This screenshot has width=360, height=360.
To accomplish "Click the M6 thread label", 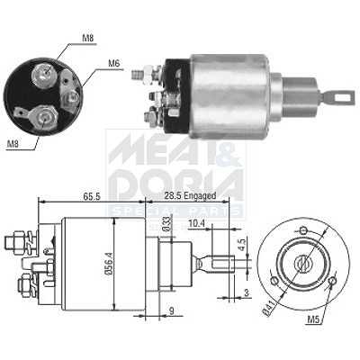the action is coord(113,63).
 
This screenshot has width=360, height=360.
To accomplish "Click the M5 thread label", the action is coord(312,320).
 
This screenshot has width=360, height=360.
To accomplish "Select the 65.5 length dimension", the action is coord(91,196).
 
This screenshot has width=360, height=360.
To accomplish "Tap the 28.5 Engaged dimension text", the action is coord(190,196).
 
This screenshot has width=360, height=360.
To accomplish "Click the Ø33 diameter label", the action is coord(167,223).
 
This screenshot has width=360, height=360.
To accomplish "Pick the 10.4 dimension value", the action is coord(195,223).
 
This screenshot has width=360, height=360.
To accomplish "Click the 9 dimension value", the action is coord(172,311).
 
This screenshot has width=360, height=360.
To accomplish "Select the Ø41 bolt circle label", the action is coord(269,310).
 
